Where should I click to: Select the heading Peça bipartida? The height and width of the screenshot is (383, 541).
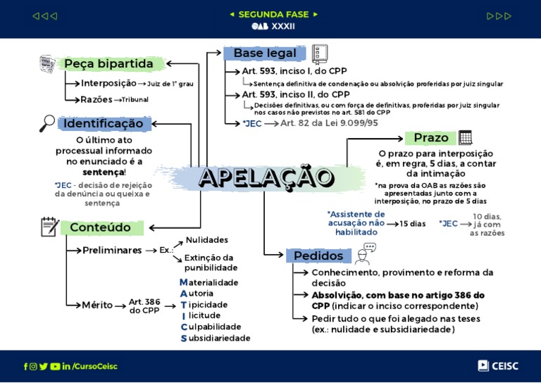(x=108, y=64)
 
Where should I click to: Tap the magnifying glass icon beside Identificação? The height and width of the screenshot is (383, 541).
(x=47, y=123)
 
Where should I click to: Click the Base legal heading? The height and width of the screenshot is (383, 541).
(x=265, y=54)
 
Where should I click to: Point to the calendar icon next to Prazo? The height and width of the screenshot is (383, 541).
(x=465, y=137)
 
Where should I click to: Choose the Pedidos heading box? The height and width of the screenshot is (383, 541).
(x=318, y=256)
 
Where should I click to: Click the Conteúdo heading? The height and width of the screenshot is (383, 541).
(x=100, y=227)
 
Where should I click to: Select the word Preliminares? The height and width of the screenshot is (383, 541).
(x=112, y=250)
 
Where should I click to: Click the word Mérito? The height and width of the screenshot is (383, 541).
(x=97, y=305)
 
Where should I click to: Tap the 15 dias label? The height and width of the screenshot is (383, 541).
(x=413, y=224)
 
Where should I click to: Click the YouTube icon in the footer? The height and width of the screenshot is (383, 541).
(x=55, y=366)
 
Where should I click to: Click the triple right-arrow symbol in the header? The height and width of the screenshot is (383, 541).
(x=499, y=16)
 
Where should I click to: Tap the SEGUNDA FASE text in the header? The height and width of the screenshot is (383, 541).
(x=273, y=14)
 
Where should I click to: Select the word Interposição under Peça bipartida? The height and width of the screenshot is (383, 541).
(x=108, y=83)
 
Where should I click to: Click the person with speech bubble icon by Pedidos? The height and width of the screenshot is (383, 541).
(x=366, y=253)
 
